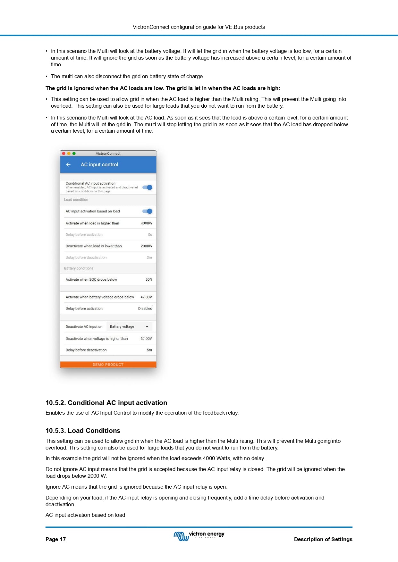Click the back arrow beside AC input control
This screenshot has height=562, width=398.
(68, 165)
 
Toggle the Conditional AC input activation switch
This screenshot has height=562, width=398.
(148, 187)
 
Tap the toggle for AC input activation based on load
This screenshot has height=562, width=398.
(148, 211)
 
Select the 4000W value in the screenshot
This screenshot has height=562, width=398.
(146, 223)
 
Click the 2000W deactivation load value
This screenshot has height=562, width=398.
(146, 246)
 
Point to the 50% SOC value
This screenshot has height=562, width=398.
(149, 280)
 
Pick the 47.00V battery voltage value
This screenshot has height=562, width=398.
(146, 297)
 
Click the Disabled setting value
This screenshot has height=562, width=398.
(145, 309)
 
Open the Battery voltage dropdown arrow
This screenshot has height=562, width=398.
(147, 327)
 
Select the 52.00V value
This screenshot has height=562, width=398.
(146, 339)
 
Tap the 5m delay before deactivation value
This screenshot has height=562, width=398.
(149, 350)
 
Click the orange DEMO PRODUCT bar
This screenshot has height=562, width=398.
(108, 365)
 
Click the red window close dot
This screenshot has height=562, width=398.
(64, 153)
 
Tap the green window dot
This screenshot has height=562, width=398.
(74, 153)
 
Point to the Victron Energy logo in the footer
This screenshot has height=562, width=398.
(199, 536)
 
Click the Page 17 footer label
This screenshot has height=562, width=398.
(55, 539)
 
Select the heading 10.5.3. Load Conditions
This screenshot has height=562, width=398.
(83, 431)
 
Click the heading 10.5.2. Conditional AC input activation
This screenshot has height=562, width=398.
(106, 403)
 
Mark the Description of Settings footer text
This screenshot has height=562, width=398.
(323, 539)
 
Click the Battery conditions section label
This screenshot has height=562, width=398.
(79, 269)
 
